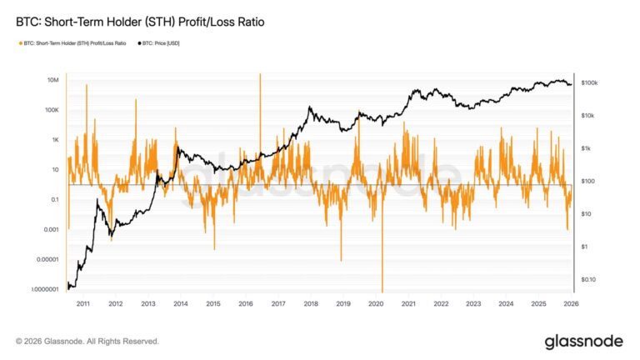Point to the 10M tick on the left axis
(51, 80)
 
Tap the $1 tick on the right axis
(585, 247)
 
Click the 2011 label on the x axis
(83, 304)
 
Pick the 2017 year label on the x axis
(278, 304)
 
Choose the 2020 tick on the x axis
(376, 304)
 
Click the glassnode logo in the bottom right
(583, 341)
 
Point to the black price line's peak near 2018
(309, 107)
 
